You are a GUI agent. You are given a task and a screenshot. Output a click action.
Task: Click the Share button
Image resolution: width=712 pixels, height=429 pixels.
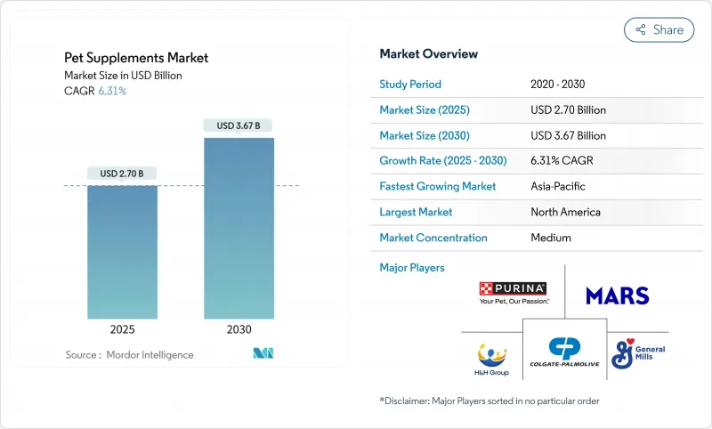659,29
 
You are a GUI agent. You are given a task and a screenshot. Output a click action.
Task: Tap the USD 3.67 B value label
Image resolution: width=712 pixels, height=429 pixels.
239,125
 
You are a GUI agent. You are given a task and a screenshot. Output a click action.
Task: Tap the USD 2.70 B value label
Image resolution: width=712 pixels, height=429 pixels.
122,173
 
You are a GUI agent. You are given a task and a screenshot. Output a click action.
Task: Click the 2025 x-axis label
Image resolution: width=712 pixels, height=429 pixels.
122,329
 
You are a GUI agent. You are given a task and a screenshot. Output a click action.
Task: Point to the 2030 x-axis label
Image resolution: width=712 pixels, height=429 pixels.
239,329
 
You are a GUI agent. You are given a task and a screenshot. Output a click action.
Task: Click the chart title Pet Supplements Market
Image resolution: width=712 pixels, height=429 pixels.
136,57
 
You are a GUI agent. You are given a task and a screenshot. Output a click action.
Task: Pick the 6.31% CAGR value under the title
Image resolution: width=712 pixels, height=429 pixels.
111,91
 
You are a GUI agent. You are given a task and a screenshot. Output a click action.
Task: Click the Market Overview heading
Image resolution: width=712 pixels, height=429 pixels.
429,53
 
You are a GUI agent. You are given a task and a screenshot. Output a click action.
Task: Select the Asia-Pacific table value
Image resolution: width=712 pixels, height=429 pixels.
558,187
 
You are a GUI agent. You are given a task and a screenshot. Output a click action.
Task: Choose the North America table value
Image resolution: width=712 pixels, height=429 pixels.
564,213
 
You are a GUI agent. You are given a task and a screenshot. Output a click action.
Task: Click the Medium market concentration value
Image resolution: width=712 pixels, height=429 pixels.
550,238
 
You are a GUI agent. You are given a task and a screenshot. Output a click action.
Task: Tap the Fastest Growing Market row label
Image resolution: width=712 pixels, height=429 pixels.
438,187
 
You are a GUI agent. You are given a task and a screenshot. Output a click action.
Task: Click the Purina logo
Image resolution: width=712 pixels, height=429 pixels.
514,293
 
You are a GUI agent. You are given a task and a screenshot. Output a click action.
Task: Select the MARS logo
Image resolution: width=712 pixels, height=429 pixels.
618,295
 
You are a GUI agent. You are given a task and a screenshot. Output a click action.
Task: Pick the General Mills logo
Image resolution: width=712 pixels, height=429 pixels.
637,348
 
